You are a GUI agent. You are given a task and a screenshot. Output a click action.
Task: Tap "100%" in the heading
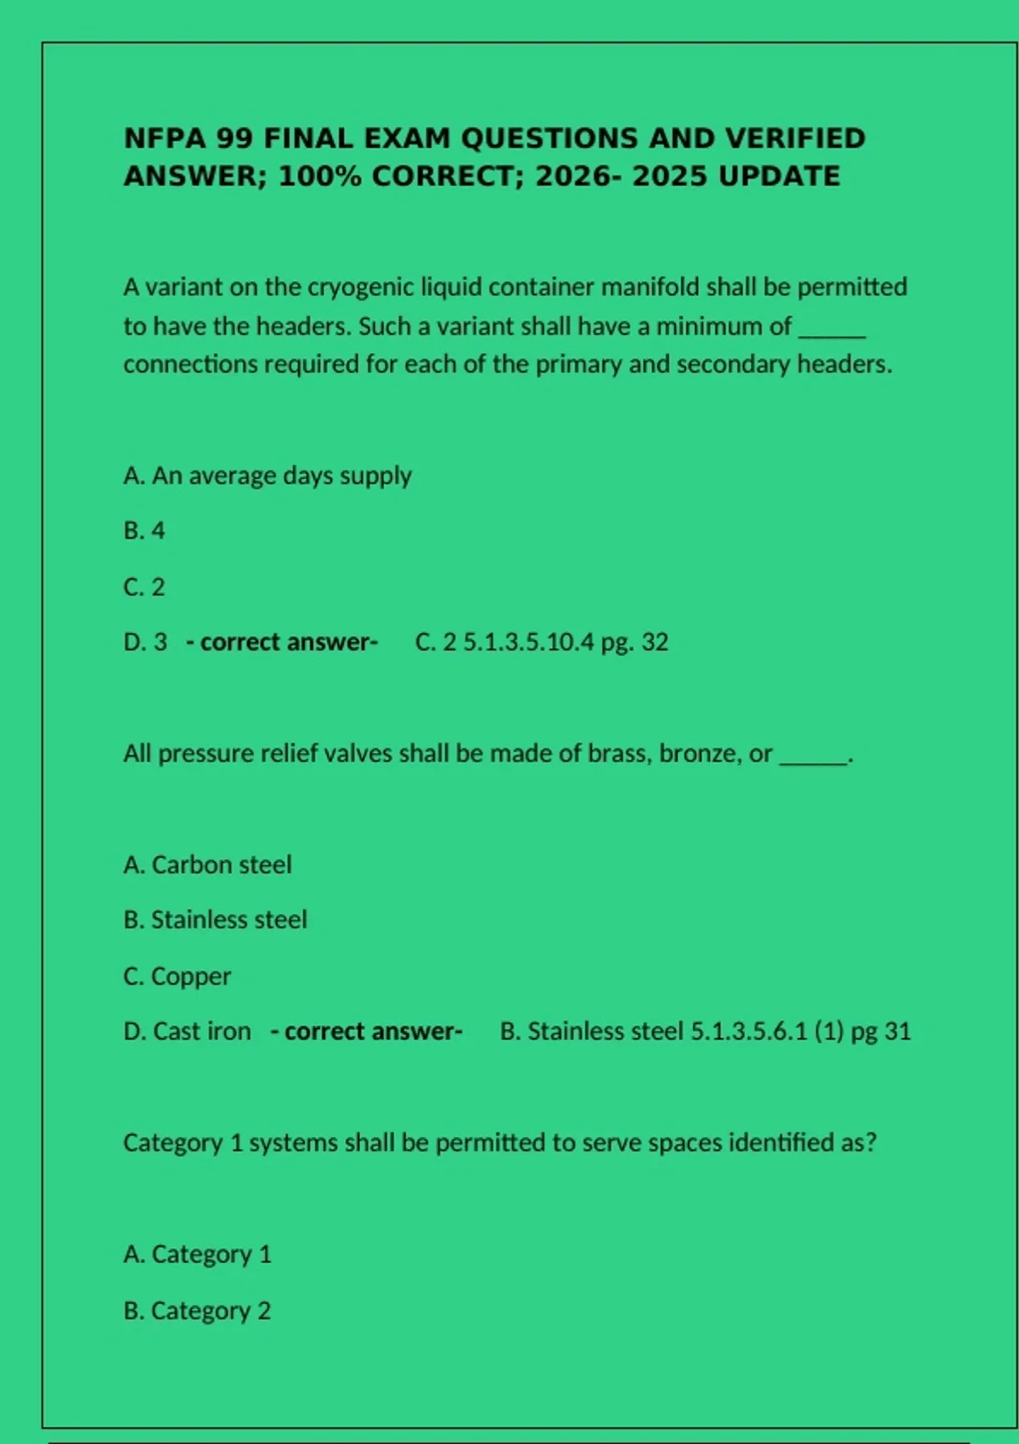(x=318, y=177)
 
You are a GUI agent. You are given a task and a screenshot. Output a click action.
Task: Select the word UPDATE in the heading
(x=779, y=177)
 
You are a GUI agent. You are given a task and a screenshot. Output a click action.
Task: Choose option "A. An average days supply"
(x=267, y=476)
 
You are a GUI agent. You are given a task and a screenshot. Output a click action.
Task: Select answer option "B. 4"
(x=144, y=531)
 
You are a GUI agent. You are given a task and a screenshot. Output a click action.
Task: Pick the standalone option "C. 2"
(x=144, y=587)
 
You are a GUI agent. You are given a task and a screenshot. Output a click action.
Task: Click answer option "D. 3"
(x=145, y=642)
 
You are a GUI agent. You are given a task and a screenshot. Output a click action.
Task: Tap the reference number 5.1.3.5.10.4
(x=528, y=642)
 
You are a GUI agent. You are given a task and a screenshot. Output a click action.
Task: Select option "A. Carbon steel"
(x=207, y=865)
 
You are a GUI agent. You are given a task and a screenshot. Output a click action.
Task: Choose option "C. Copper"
(x=177, y=976)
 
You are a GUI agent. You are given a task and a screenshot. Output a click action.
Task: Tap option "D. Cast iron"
(x=187, y=1031)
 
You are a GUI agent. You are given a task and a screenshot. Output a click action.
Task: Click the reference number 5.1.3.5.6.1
(x=748, y=1031)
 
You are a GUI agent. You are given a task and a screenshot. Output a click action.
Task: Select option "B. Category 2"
(x=197, y=1311)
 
